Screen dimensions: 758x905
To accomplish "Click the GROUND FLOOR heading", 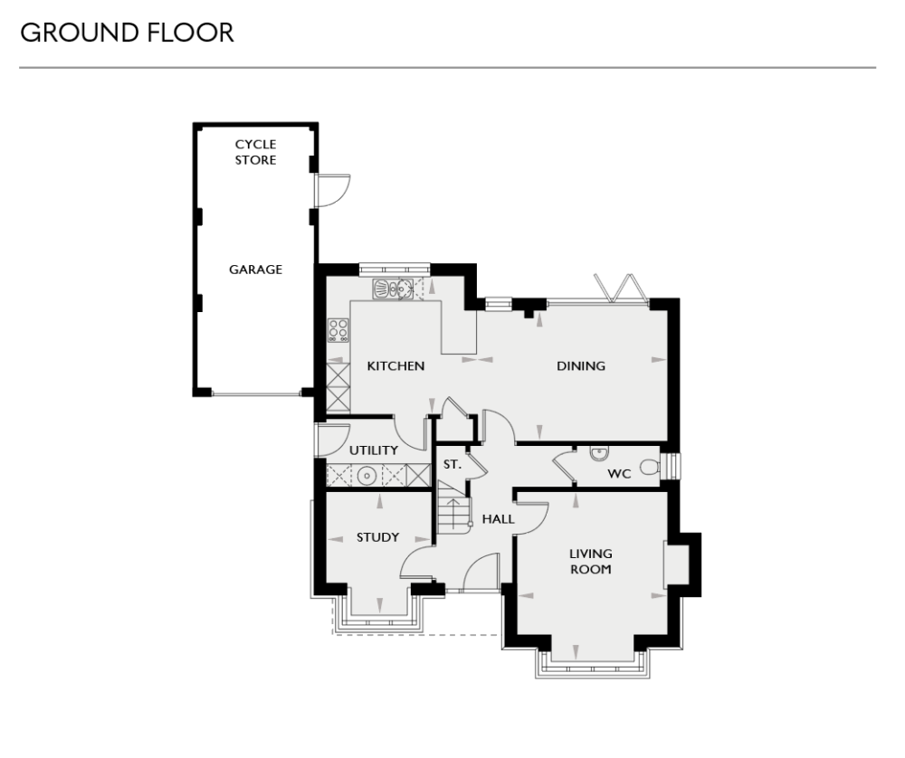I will pyautogui.click(x=127, y=33).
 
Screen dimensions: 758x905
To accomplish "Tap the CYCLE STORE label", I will pyautogui.click(x=255, y=152).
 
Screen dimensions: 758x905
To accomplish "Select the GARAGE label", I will pyautogui.click(x=255, y=270).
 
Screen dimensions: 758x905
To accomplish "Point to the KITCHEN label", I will pyautogui.click(x=395, y=366).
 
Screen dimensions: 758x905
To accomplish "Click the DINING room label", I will pyautogui.click(x=580, y=366).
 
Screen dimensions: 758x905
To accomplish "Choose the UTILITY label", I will pyautogui.click(x=374, y=450).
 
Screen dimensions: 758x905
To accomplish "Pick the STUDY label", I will pyautogui.click(x=377, y=537).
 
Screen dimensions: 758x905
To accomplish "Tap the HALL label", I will pyautogui.click(x=498, y=519).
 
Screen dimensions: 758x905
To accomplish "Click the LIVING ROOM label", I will pyautogui.click(x=590, y=561).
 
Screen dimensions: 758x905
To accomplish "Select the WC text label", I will pyautogui.click(x=619, y=473).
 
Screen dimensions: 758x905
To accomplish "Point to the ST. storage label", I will pyautogui.click(x=452, y=464).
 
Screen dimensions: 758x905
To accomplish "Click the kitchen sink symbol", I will pyautogui.click(x=393, y=289).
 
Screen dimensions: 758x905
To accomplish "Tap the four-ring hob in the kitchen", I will pyautogui.click(x=338, y=329).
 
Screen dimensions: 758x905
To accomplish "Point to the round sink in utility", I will pyautogui.click(x=367, y=476).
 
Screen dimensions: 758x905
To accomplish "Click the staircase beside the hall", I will pyautogui.click(x=453, y=511).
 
